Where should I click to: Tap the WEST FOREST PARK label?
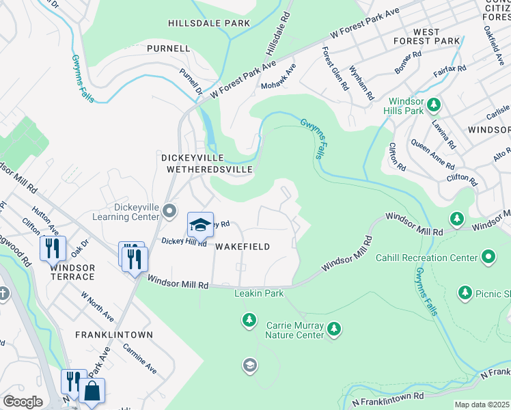[x=436, y=36]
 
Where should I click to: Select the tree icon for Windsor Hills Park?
[x=434, y=105]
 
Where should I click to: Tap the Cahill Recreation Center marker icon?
[x=488, y=258]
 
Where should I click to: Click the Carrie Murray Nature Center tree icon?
[x=333, y=330]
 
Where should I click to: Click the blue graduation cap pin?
[x=199, y=225]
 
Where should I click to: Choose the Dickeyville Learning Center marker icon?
[x=169, y=210]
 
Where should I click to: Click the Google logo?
[x=23, y=402]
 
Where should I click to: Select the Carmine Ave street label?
[x=140, y=358]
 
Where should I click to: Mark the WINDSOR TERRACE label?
[x=72, y=271]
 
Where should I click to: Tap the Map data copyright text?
[x=482, y=405]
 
